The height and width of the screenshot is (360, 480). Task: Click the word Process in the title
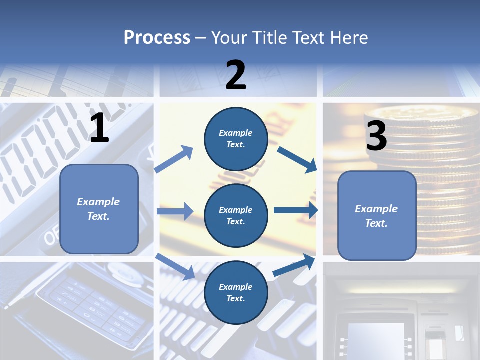click(x=157, y=38)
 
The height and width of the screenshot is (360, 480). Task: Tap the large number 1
click(x=99, y=128)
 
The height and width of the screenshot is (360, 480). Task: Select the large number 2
click(x=236, y=75)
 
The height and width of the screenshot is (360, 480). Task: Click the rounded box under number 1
click(x=99, y=209)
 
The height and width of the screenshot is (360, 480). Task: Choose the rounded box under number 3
click(x=377, y=215)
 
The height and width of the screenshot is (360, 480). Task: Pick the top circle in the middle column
click(x=236, y=139)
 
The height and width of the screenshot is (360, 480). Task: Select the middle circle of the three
click(x=236, y=215)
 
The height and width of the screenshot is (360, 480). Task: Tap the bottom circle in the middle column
click(x=236, y=292)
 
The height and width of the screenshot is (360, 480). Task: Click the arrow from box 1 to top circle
click(x=174, y=159)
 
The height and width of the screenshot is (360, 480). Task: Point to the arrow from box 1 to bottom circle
click(x=175, y=266)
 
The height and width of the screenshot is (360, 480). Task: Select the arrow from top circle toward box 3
click(x=297, y=159)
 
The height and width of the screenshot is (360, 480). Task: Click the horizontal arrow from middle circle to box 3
click(x=295, y=210)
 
